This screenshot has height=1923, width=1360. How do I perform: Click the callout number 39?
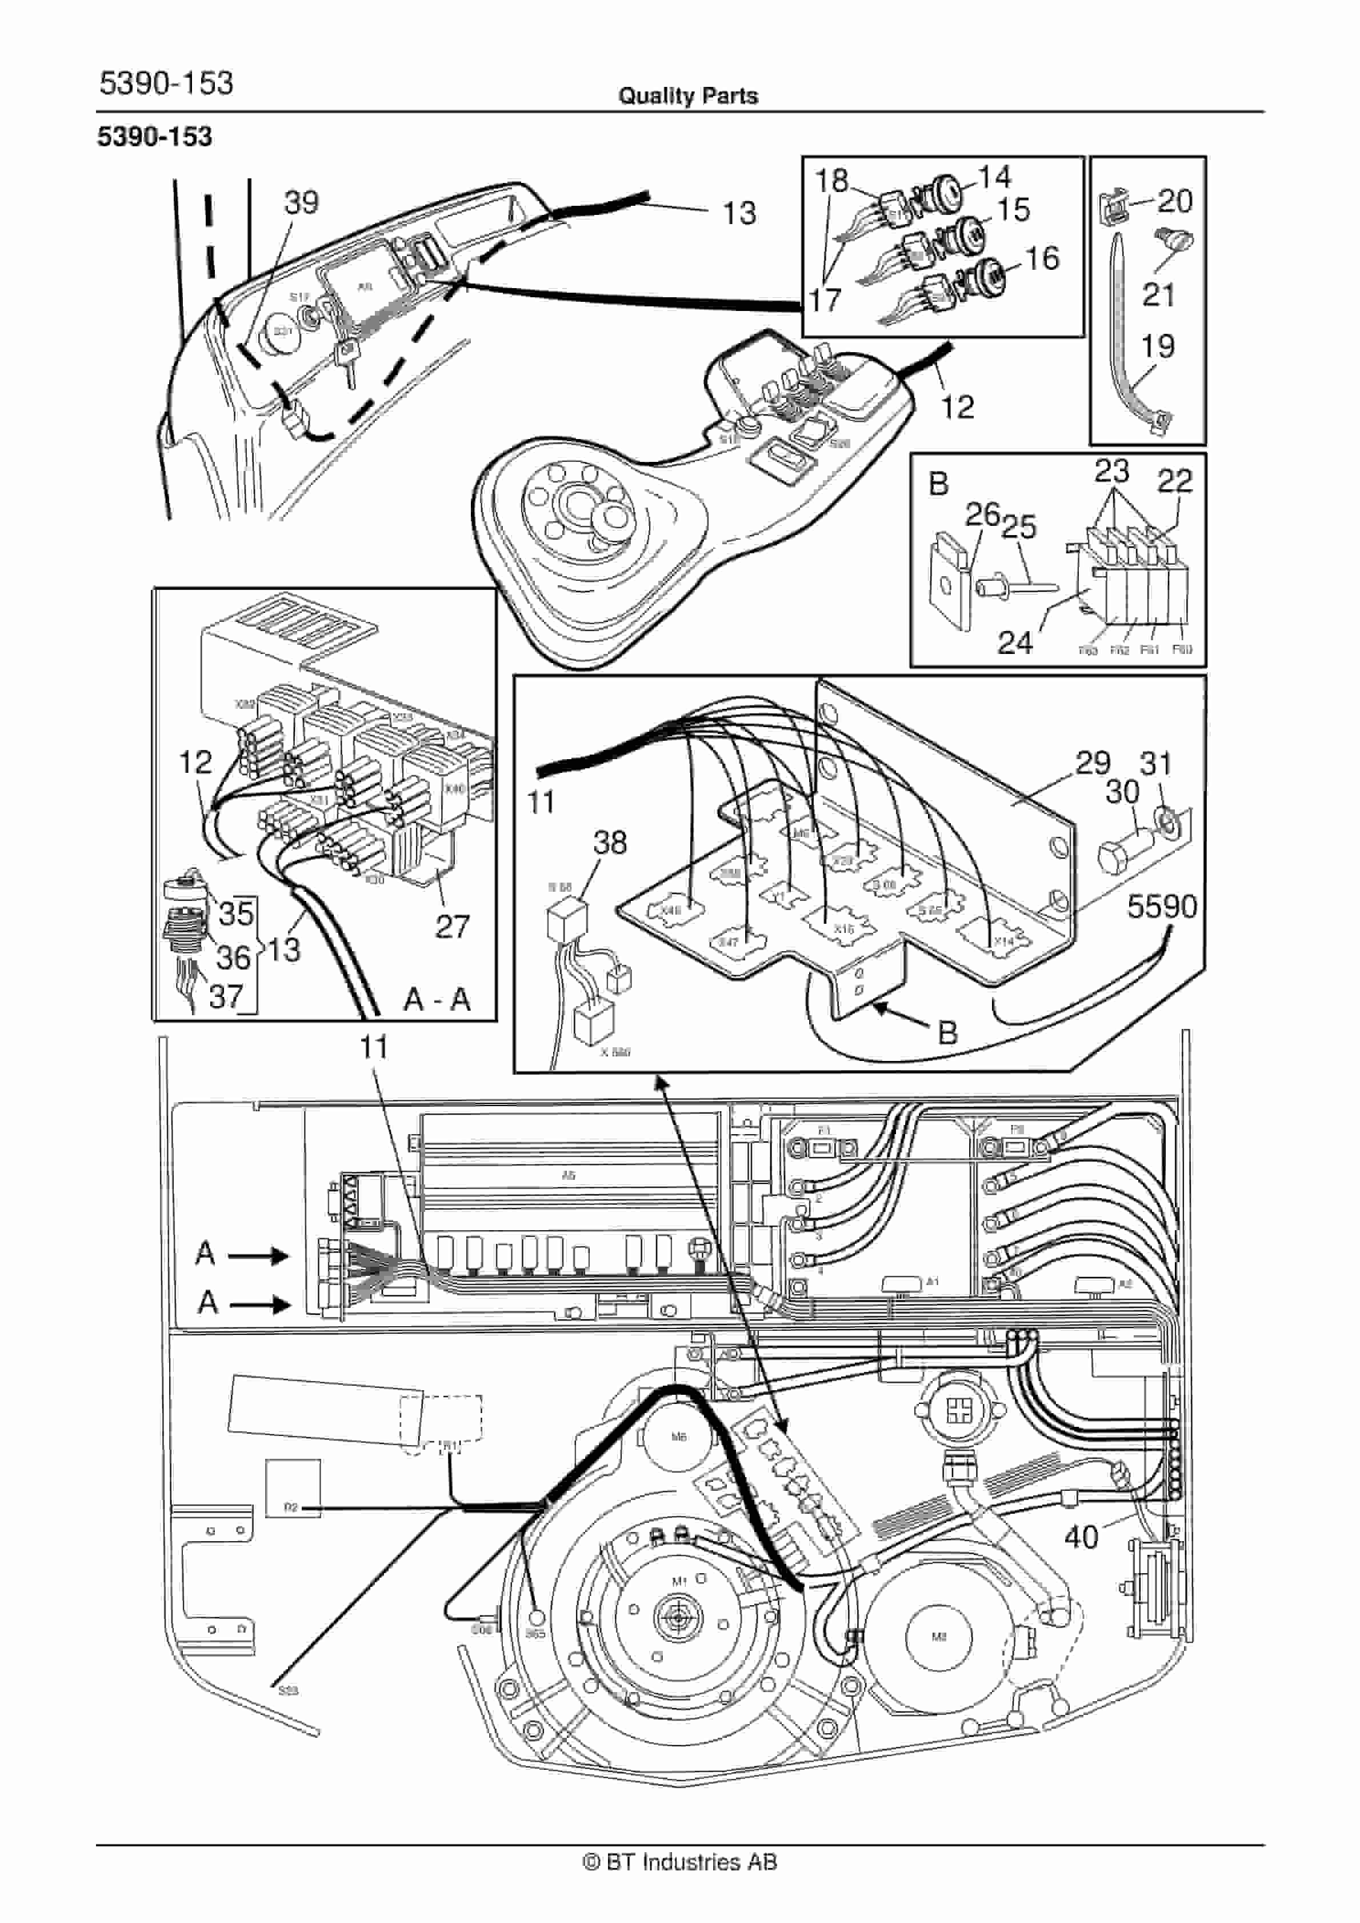click(x=302, y=203)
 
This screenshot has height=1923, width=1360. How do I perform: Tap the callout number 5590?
click(x=1162, y=906)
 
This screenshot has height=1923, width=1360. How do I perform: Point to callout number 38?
click(x=610, y=843)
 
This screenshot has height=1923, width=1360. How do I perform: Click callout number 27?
click(x=452, y=926)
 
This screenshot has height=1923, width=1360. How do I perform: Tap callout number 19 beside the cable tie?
click(x=1158, y=346)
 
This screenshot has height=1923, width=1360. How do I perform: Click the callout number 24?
click(x=1015, y=643)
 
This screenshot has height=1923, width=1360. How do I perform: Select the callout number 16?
click(x=1043, y=259)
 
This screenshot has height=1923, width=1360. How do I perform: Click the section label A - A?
click(x=437, y=999)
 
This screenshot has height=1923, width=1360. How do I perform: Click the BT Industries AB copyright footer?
click(x=680, y=1862)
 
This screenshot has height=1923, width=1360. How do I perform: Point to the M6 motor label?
click(x=679, y=1437)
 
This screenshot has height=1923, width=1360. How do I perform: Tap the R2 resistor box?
click(x=292, y=1506)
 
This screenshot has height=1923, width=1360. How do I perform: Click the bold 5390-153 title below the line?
click(x=155, y=137)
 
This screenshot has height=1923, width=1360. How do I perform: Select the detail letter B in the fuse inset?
click(x=939, y=484)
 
